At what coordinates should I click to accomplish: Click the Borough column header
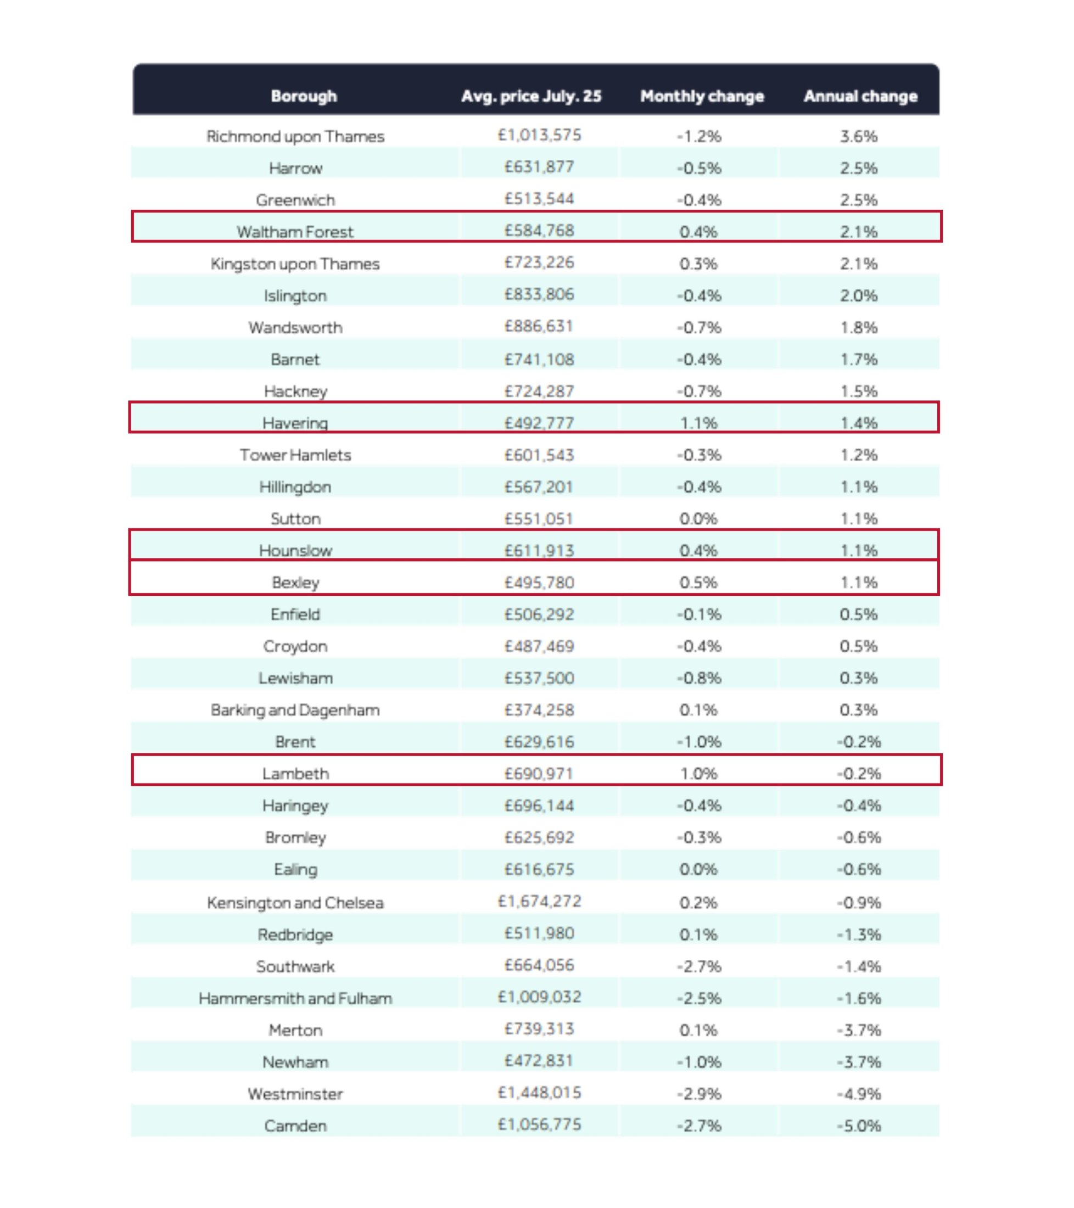[304, 96]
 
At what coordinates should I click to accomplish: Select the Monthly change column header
[702, 96]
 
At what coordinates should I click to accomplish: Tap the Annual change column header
[860, 96]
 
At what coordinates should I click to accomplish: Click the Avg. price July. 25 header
[532, 96]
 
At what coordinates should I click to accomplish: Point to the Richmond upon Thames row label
[295, 137]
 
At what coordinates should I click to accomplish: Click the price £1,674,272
[540, 901]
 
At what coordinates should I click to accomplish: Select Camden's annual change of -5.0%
[859, 1126]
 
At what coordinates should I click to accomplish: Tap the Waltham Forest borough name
[295, 232]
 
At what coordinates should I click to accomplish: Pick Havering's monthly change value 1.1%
[698, 423]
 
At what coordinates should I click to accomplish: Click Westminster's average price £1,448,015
[540, 1093]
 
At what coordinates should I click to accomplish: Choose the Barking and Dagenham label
[295, 710]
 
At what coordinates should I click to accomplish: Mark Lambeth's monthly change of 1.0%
[698, 774]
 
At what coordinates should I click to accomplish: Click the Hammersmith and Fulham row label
[295, 998]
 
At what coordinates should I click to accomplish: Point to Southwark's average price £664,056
[540, 965]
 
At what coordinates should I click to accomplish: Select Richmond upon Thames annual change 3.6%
[859, 137]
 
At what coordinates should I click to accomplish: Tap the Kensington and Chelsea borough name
[295, 903]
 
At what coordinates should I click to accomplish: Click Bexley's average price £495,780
[540, 582]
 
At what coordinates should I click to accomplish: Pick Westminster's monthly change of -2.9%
[698, 1094]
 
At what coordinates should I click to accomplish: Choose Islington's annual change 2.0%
[859, 295]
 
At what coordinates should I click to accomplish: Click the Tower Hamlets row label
[295, 455]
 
